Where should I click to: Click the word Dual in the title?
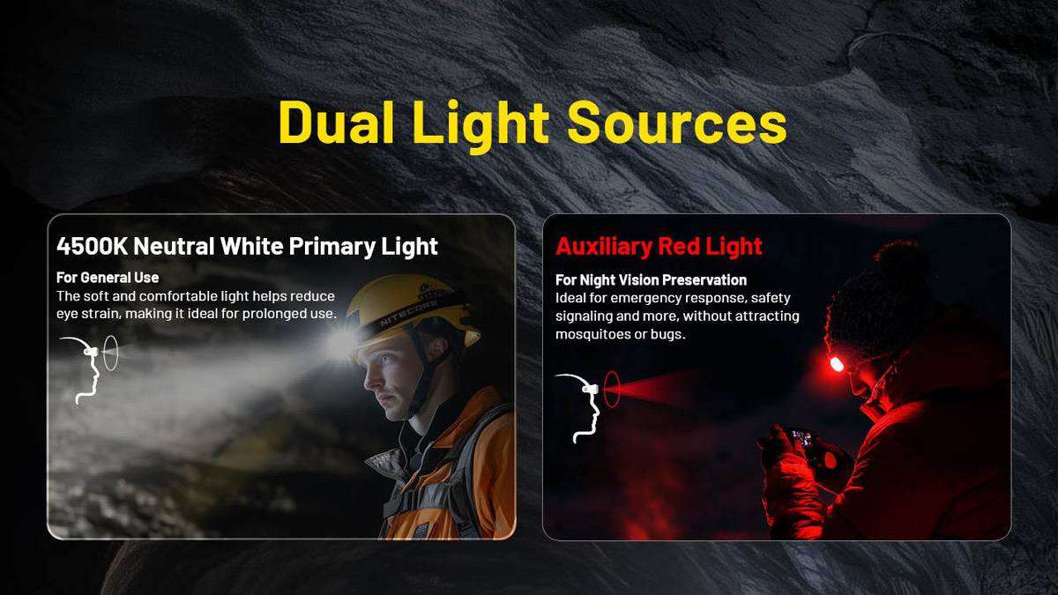[336, 123]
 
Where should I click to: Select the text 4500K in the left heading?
[92, 246]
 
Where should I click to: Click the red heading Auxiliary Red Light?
[659, 246]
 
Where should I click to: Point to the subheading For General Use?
[108, 278]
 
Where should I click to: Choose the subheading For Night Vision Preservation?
[651, 280]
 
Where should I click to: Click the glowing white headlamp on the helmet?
[341, 343]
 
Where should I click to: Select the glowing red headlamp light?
[837, 364]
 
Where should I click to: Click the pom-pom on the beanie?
[896, 257]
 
